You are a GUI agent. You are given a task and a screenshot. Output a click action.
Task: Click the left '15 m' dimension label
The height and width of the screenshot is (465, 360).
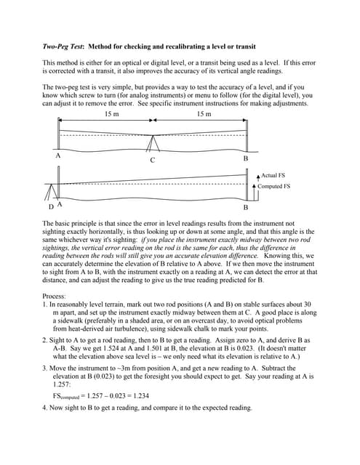(112, 114)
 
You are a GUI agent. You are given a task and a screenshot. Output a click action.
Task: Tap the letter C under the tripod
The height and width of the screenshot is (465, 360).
(152, 160)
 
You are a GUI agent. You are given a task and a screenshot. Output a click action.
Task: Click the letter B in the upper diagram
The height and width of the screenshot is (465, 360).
(245, 158)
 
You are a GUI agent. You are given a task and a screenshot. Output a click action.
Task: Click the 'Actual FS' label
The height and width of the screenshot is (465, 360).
(274, 176)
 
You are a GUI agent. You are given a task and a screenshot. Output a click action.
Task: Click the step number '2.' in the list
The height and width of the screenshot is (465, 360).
(46, 340)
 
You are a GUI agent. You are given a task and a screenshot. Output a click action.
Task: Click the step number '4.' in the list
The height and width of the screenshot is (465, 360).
(46, 408)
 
